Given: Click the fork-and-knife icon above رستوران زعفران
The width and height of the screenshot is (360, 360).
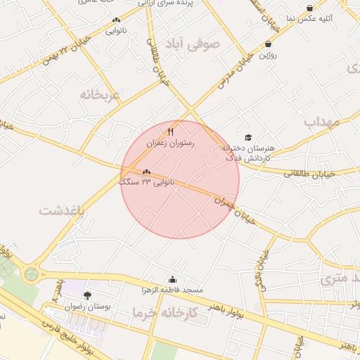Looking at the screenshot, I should (x=170, y=131).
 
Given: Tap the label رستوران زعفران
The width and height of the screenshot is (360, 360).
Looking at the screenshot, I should (x=169, y=143).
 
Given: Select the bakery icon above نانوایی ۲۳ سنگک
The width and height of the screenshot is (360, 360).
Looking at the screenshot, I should (x=146, y=172).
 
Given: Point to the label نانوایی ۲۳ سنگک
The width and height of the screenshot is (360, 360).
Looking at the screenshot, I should (x=146, y=182).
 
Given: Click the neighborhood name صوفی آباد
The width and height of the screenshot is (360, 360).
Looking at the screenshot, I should (x=192, y=44).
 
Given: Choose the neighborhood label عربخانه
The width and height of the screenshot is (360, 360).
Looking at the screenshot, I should (x=101, y=94).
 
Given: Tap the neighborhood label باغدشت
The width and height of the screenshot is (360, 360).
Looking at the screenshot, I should (x=61, y=210).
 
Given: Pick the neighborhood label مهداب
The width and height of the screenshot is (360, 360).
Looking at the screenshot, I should (x=322, y=122).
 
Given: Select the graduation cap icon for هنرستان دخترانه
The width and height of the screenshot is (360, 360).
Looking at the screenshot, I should (x=247, y=138).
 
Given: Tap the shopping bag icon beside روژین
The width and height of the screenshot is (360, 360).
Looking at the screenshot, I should (x=268, y=44).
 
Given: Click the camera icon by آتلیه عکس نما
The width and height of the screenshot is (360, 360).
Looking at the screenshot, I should (x=310, y=8).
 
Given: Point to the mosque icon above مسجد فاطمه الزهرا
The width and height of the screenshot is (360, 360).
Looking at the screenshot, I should (x=173, y=280).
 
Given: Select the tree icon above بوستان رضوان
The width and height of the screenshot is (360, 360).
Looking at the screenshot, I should (x=87, y=296).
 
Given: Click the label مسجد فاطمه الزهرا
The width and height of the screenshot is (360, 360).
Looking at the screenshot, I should (x=173, y=290).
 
